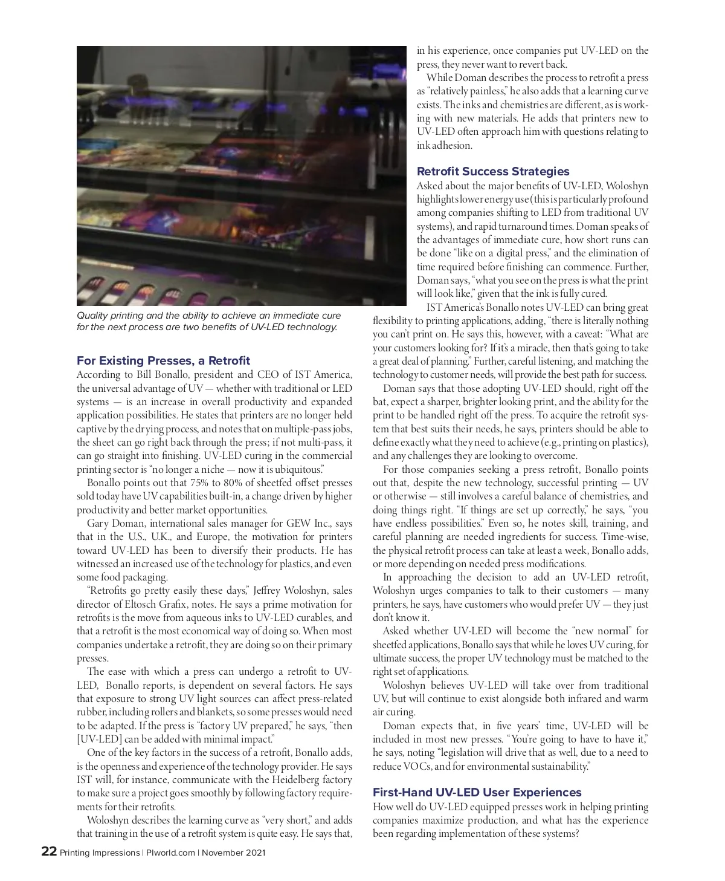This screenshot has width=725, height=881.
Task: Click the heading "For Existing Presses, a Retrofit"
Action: click(x=163, y=361)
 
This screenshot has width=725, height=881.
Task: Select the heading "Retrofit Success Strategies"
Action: click(x=493, y=171)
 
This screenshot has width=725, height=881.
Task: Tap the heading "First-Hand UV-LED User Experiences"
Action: click(x=477, y=792)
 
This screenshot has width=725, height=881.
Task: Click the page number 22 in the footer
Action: click(x=49, y=853)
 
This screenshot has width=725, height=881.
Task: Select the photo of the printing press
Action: click(x=241, y=175)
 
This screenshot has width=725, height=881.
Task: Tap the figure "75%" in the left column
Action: click(x=202, y=483)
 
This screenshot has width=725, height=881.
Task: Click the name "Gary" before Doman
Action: click(x=98, y=524)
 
